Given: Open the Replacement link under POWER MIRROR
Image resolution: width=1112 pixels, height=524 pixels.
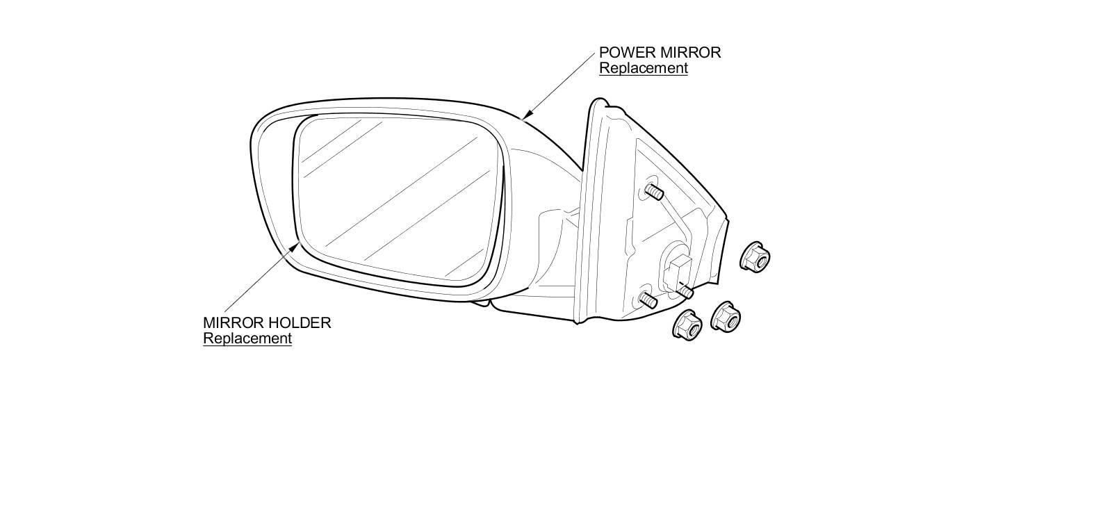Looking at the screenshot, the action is [644, 69].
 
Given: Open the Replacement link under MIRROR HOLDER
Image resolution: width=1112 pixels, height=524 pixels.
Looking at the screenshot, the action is [247, 339].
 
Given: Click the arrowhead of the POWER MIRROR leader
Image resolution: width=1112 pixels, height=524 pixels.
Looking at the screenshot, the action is [527, 115].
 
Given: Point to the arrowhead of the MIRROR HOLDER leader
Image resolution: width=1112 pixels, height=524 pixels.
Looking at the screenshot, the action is [295, 247].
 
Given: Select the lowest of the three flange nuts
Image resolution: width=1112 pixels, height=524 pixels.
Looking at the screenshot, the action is [687, 325].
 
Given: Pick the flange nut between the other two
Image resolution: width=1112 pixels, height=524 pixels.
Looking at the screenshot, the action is [726, 317].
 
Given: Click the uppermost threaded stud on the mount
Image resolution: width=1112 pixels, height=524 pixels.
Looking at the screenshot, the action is [654, 192].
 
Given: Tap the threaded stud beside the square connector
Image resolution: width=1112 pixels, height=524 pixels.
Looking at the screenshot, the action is [685, 291].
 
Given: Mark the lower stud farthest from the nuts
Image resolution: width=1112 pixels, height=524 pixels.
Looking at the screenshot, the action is [648, 300].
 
